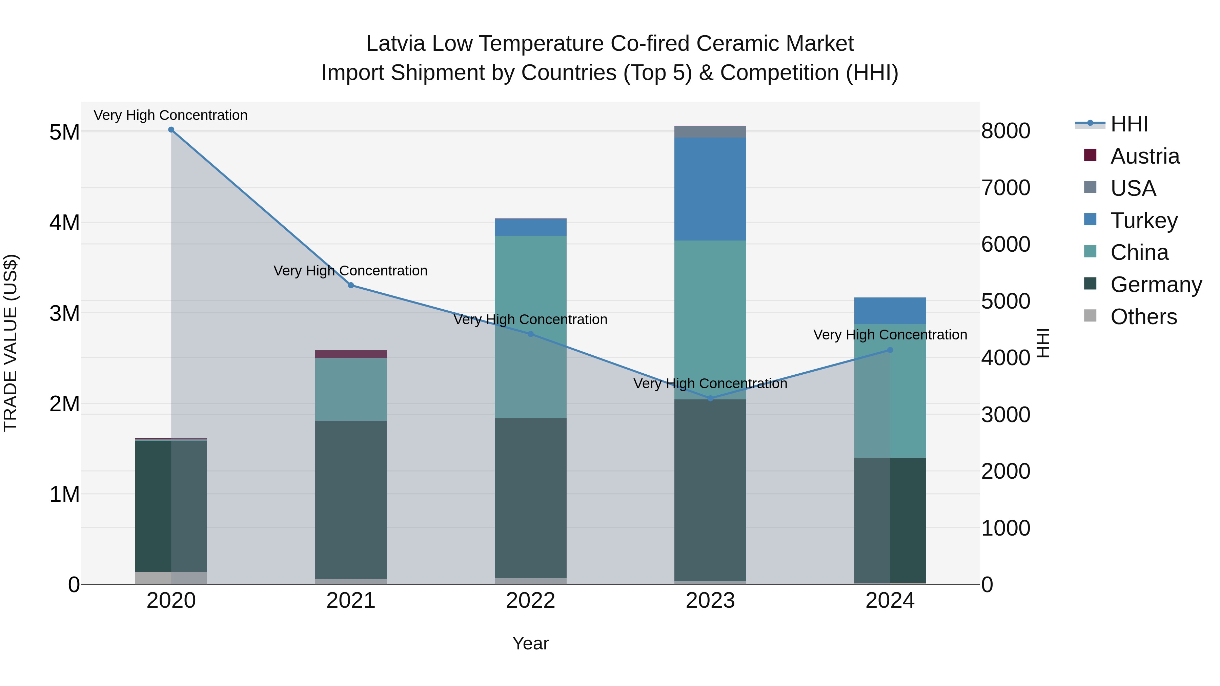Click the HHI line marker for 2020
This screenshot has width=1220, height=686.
171,130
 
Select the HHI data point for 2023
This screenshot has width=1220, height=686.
710,399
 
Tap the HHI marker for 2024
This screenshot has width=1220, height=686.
890,350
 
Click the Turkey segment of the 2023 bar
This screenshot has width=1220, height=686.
710,189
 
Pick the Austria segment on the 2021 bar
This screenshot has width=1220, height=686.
351,354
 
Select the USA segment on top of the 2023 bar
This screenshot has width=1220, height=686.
710,132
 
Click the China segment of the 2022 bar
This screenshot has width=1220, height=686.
530,327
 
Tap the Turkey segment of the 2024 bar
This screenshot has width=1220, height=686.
890,311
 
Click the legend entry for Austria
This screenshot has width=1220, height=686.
1145,156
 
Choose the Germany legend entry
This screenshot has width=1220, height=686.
1156,285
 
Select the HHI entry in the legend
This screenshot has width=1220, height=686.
1129,124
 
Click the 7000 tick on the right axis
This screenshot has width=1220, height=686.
1005,188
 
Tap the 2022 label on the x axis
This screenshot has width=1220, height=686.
530,601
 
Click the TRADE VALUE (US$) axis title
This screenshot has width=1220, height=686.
11,343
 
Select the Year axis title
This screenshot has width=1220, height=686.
530,643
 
